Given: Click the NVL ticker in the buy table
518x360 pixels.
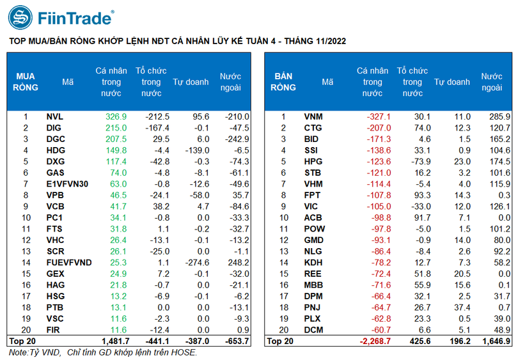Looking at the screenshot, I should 55,117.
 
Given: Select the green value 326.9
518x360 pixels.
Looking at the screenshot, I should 116,117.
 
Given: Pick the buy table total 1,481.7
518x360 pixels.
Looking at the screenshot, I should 114,341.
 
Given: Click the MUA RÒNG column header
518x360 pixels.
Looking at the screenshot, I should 26,82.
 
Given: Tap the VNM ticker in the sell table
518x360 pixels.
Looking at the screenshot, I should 313,117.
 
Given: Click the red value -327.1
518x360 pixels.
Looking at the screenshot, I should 378,117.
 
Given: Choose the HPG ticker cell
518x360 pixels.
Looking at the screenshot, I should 313,161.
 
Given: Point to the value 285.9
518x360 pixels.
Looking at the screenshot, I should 499,117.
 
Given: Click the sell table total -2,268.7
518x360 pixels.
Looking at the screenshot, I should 374,341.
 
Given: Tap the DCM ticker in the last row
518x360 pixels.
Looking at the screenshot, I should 313,329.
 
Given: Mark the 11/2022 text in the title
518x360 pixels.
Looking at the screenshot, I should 327,41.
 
